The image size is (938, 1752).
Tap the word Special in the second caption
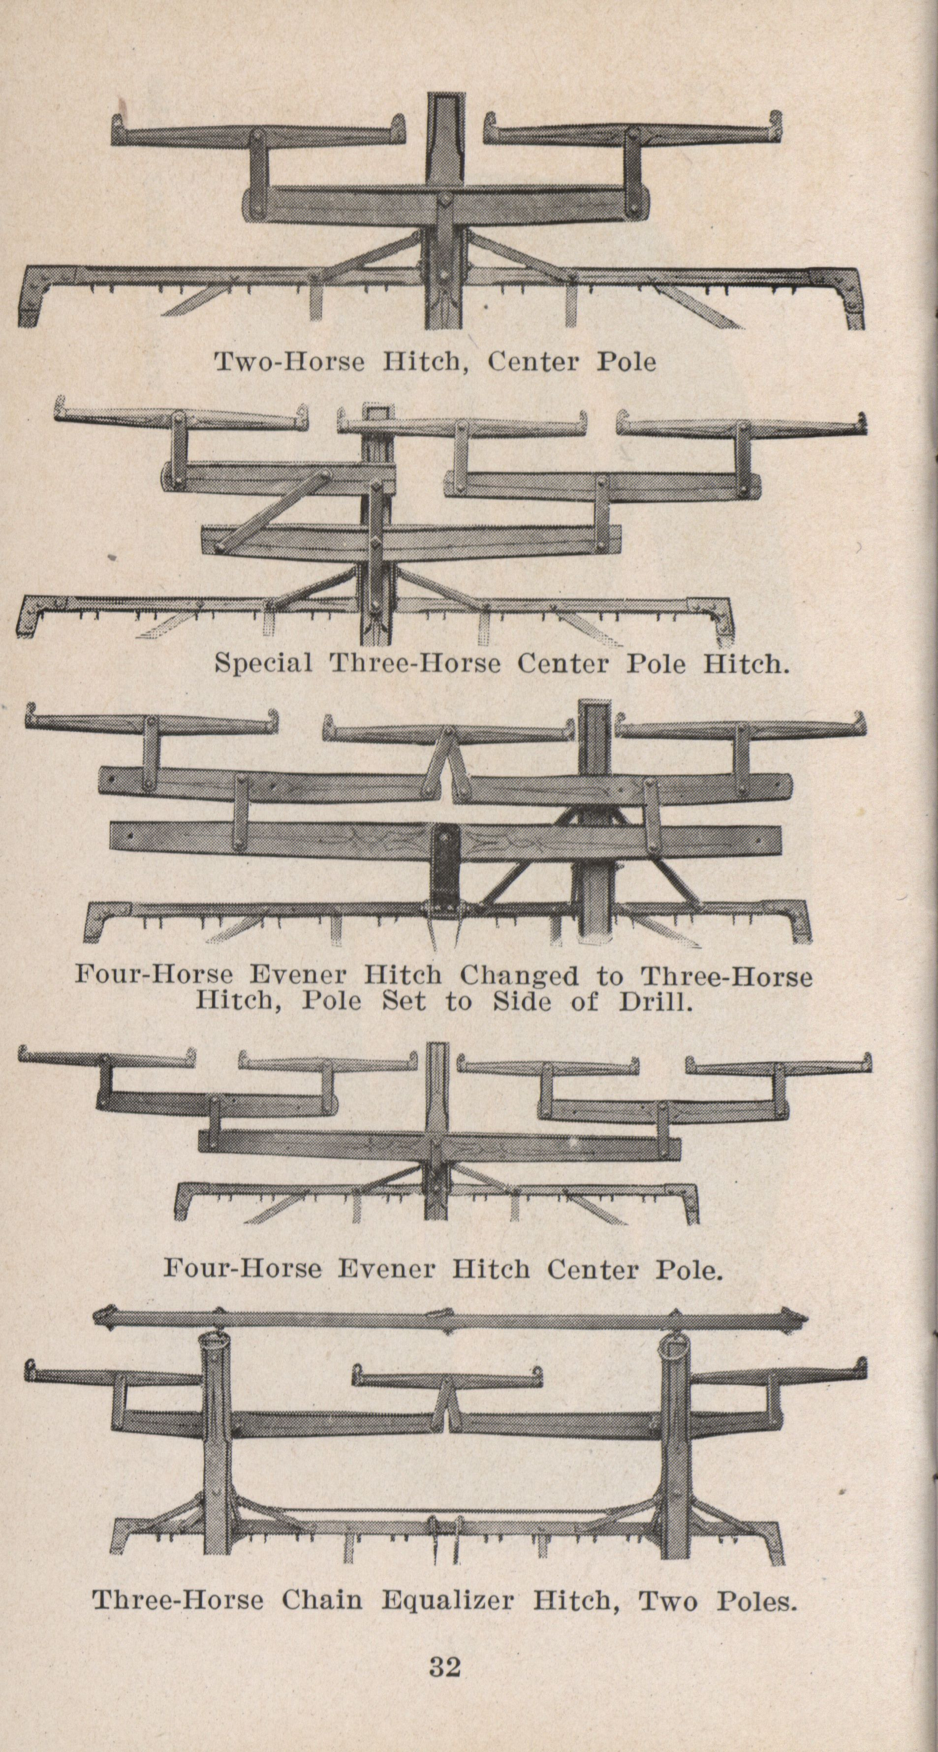[x=263, y=663]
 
